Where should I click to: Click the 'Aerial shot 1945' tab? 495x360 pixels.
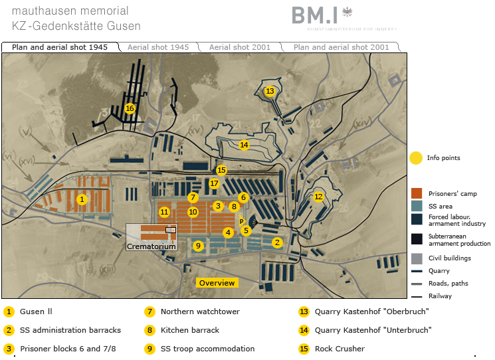pos(158,47)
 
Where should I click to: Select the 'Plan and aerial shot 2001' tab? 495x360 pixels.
pos(341,47)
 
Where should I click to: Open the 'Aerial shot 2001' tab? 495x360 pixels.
pos(239,47)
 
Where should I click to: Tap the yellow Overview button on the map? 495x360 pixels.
pos(217,283)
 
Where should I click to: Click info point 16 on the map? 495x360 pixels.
pos(130,108)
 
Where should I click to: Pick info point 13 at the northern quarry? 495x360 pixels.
pos(270,91)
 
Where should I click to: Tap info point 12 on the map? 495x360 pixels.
pos(318,197)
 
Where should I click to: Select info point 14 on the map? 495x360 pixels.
pos(244,145)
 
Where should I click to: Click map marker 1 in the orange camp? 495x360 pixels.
pos(82,199)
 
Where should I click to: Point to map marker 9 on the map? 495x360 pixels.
pos(197,246)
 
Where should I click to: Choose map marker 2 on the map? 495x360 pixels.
pos(277,242)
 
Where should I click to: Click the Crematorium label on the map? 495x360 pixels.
pos(152,246)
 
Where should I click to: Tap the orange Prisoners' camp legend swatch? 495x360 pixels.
pos(417,193)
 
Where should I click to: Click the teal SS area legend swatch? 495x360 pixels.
pos(417,206)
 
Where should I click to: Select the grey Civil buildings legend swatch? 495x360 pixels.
pos(417,258)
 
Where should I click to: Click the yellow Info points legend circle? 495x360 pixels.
pos(416,158)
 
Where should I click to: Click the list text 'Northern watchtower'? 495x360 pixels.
pos(200,312)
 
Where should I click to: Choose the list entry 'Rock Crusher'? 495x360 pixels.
pos(340,349)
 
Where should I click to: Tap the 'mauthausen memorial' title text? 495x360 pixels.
pos(70,11)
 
